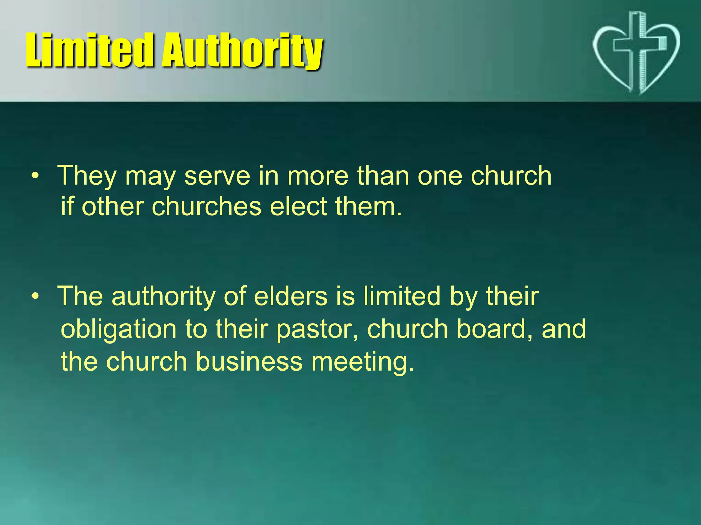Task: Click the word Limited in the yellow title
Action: (x=89, y=50)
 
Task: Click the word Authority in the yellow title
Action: (x=242, y=51)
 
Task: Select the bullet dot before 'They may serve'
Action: (x=35, y=176)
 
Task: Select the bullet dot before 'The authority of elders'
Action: (x=35, y=296)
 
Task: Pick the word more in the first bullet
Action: (x=318, y=176)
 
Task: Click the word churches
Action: (x=206, y=207)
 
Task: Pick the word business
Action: (x=249, y=362)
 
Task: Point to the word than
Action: (x=383, y=176)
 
